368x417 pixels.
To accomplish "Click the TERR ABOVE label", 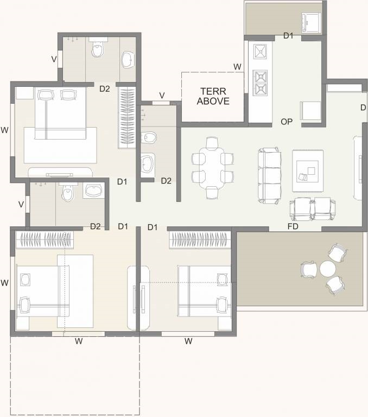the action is pos(213,96).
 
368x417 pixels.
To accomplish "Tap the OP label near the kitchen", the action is pos(287,122).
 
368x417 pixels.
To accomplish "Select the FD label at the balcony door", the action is pos(293,226).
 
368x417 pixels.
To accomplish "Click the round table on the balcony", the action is pos(327,269).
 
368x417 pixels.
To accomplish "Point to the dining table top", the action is pos(212,168).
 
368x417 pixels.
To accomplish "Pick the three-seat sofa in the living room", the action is pos(269,175).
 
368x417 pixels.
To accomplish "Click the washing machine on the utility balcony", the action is pos(310,23).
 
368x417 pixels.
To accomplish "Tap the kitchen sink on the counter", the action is pos(260,52).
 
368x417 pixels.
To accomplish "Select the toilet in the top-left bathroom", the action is pos(98,47).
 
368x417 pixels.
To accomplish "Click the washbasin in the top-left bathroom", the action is pos(128,60).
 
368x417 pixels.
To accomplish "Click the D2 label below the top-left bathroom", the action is pos(105,89).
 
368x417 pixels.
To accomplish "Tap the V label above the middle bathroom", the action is pos(162,95).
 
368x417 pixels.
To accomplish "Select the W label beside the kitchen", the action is pos(237,67).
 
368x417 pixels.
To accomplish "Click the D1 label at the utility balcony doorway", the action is pos(289,36).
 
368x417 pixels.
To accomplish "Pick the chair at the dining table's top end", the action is pos(212,143).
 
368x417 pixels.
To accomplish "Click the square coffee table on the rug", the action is pos(308,172).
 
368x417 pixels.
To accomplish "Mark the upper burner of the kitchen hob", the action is pos(260,77).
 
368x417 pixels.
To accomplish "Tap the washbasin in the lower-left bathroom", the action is pos(94,191).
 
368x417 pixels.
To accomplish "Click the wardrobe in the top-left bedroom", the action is pos(127,117).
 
